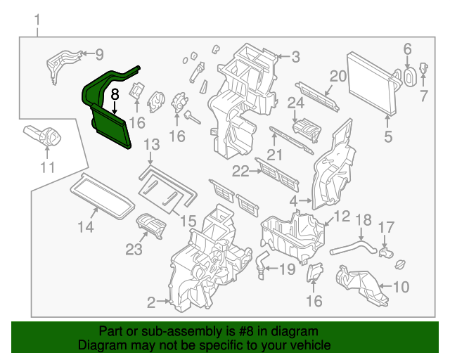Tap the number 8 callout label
[x=115, y=92]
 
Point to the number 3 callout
[x=296, y=57]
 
